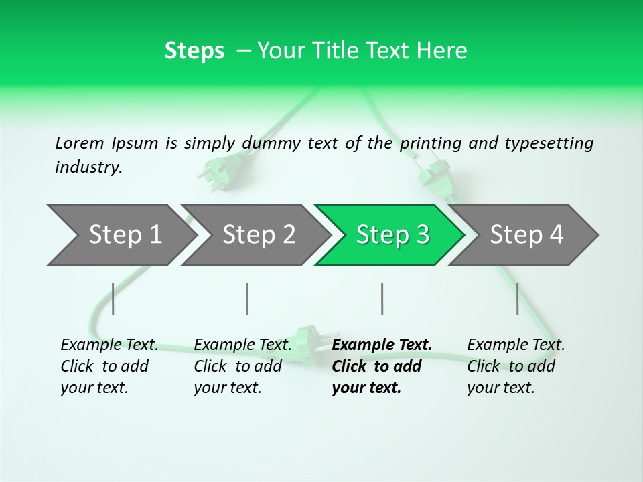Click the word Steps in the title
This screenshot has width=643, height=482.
click(194, 51)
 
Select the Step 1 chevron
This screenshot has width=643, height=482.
click(121, 234)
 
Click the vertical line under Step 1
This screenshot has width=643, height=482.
click(113, 299)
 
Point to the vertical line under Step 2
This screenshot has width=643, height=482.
click(247, 299)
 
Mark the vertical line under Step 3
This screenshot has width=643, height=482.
click(382, 299)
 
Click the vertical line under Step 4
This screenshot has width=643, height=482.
click(518, 299)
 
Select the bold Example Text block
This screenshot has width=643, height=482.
click(382, 366)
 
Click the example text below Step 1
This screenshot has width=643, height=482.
click(109, 366)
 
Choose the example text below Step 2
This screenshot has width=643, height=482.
click(242, 366)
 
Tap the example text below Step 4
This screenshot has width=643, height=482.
click(516, 366)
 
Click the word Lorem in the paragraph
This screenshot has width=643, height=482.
click(80, 143)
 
